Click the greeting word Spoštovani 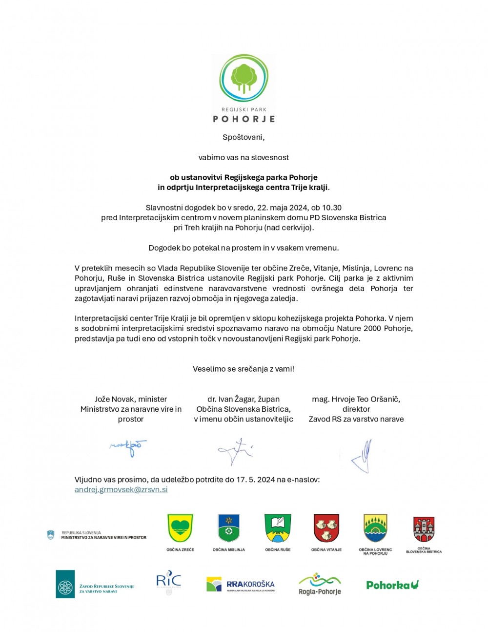[x=244, y=137]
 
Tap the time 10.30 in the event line [x=331, y=208]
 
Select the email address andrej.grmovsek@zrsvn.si [x=121, y=489]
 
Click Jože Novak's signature [x=128, y=447]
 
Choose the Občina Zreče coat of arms [x=180, y=528]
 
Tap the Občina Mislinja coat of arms [x=229, y=528]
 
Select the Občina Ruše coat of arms [x=278, y=528]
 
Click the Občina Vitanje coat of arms [x=326, y=528]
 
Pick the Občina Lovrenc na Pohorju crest [x=375, y=528]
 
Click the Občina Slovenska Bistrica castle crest [x=424, y=529]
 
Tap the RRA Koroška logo [x=241, y=584]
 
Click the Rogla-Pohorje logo [x=320, y=584]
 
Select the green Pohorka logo [x=392, y=584]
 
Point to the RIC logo [x=168, y=581]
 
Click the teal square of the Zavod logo [x=65, y=584]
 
